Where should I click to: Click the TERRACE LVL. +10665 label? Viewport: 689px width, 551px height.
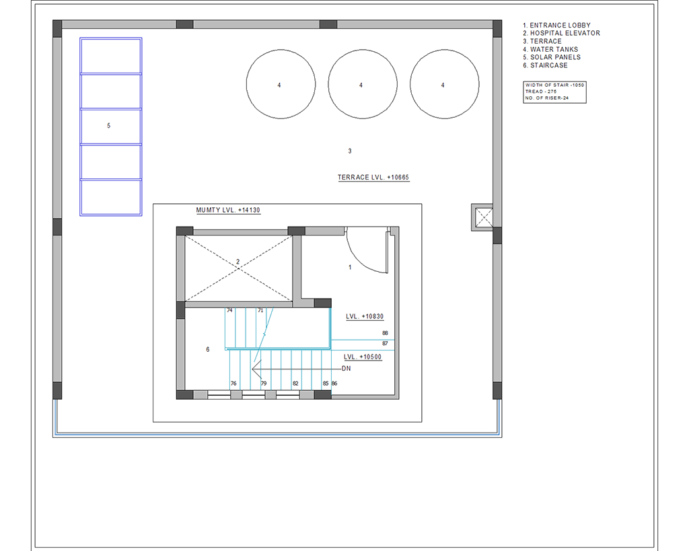tap(373, 178)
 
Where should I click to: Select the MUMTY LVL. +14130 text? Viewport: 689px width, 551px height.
tap(228, 210)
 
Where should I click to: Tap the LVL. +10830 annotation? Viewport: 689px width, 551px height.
tap(365, 316)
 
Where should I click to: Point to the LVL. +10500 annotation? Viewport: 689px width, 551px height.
tap(363, 357)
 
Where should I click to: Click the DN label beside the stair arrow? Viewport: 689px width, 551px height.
tap(347, 369)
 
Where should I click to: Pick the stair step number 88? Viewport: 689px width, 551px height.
tap(385, 333)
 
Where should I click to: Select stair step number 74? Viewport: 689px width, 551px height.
tap(229, 310)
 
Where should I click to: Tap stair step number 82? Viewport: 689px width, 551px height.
tap(295, 383)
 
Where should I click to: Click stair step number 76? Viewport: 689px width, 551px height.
tap(233, 383)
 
